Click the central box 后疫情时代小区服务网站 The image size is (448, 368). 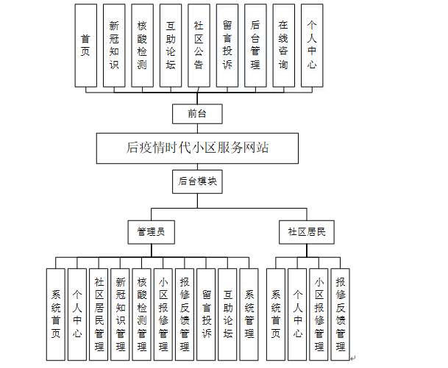point(197,147)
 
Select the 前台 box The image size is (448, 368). point(197,114)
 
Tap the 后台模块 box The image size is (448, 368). point(197,181)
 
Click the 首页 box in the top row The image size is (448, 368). point(86,45)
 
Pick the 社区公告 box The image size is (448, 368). point(199,45)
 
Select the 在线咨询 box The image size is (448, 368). point(283,45)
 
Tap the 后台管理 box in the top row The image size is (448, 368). point(255,45)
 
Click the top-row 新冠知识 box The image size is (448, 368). point(114,45)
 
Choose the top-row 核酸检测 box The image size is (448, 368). point(143,45)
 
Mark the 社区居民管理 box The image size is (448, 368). point(99,309)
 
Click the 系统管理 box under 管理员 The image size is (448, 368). point(250,309)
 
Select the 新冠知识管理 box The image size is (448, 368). point(121,309)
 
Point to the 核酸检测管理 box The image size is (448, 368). point(142,309)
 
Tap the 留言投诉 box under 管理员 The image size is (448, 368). point(207,309)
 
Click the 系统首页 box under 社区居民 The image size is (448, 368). point(276,309)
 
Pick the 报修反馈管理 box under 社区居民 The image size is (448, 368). point(341,309)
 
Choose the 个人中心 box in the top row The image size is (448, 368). point(312,45)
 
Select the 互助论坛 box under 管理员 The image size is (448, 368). point(228,309)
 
